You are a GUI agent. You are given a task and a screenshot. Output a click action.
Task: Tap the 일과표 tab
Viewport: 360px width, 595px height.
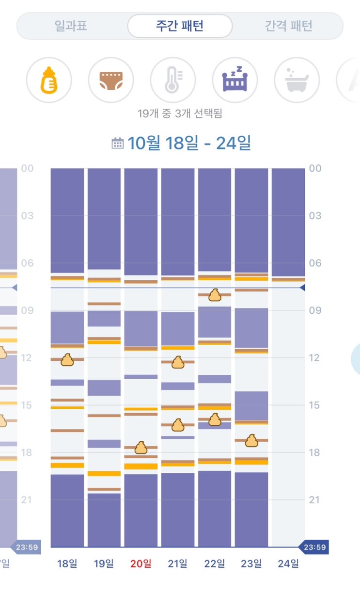[71, 26]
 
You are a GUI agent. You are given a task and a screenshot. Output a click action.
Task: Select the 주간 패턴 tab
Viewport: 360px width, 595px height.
[180, 26]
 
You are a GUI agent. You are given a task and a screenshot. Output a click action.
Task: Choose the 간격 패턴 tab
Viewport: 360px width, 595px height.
[288, 26]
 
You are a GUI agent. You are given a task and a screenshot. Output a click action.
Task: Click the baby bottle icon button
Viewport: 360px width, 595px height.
[48, 80]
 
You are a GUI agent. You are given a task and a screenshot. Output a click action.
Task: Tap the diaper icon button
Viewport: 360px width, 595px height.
[110, 80]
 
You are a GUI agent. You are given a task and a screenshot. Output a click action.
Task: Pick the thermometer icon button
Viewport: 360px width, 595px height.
[172, 80]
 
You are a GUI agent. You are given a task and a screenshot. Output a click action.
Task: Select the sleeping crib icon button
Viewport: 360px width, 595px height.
[235, 80]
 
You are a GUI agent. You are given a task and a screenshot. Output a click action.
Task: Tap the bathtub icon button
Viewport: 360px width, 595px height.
[297, 80]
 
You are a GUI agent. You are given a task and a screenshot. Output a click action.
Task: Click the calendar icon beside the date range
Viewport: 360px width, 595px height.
[117, 144]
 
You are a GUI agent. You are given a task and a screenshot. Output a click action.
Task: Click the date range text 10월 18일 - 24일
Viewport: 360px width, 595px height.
[189, 144]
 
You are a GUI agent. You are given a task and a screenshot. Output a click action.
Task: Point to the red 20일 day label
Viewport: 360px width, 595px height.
[141, 563]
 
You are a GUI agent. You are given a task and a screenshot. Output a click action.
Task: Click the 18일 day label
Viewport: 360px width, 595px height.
[67, 563]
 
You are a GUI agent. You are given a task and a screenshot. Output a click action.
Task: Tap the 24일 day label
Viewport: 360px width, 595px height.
[288, 563]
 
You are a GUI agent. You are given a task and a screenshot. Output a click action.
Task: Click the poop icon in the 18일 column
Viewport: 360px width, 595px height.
[67, 360]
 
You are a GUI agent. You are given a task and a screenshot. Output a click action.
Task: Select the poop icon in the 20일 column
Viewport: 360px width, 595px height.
[141, 448]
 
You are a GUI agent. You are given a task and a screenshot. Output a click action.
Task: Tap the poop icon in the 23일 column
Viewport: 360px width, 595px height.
[251, 441]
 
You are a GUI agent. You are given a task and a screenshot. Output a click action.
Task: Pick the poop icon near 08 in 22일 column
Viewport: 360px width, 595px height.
[215, 295]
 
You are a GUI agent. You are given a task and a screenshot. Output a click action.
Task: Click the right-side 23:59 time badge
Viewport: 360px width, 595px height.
[314, 547]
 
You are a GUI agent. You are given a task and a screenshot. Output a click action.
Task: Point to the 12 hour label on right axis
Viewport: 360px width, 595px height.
[315, 358]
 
